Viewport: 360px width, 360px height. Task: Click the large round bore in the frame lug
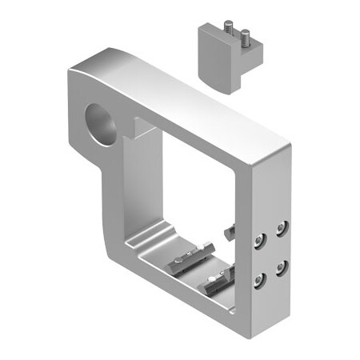pos(102,124)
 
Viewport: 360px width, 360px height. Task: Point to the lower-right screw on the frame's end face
pos(282,268)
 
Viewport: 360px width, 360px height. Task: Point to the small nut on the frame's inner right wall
pos(231,233)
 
